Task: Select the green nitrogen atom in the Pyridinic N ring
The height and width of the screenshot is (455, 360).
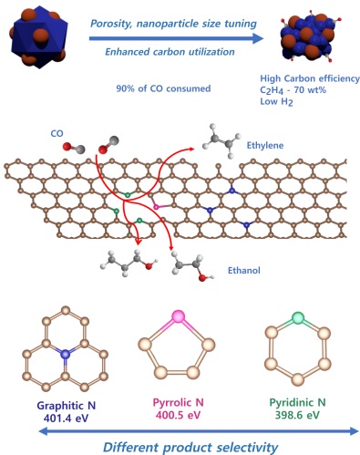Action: pos(296,318)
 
